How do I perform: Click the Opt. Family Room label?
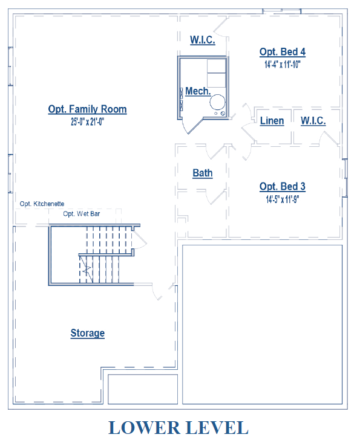tap(87, 109)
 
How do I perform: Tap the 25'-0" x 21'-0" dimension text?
tap(87, 121)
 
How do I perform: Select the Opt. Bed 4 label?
tap(283, 52)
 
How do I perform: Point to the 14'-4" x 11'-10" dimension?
tap(283, 65)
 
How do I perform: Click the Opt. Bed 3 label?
tap(283, 187)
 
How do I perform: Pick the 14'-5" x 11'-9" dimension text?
tap(283, 199)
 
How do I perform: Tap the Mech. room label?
tap(198, 91)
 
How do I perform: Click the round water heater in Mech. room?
tap(217, 102)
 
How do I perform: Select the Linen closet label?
tap(272, 121)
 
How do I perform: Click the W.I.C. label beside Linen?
tap(313, 121)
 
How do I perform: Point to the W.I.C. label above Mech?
tap(203, 40)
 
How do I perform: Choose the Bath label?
tap(203, 173)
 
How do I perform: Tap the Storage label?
tap(88, 333)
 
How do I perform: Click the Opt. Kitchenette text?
tap(42, 204)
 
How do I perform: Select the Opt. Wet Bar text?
tap(82, 213)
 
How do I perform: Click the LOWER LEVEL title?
tap(178, 427)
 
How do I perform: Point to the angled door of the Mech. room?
tap(195, 126)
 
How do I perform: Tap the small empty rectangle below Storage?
tap(143, 389)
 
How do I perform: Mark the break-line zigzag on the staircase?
tap(87, 269)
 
